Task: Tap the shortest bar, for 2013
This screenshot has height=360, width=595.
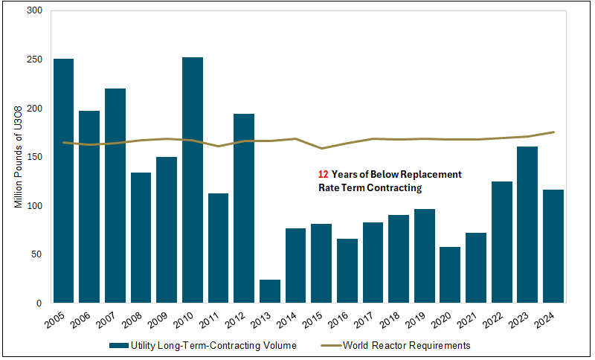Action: (270, 291)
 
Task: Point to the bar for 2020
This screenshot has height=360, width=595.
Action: (450, 274)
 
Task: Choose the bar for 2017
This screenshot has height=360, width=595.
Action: (373, 263)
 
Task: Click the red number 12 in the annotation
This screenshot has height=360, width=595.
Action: (323, 174)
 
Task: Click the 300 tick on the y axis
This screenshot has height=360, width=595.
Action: (34, 11)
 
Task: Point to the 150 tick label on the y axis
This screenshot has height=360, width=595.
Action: (34, 157)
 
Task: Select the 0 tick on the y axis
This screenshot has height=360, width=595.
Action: (39, 303)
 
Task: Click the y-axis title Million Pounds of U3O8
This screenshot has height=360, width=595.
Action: (19, 157)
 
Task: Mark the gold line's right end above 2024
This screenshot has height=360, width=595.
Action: (554, 132)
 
